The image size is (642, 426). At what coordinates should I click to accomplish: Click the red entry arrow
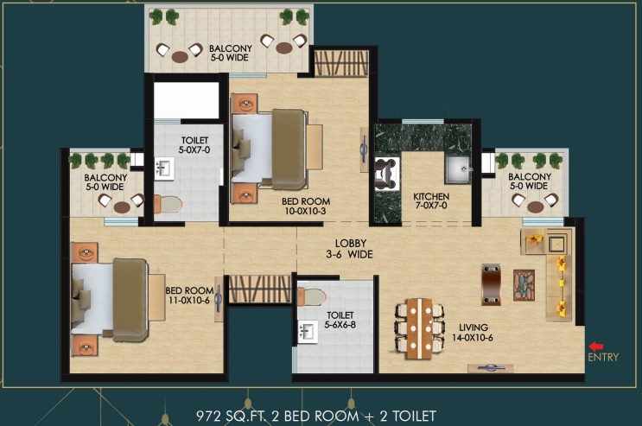pyautogui.click(x=595, y=347)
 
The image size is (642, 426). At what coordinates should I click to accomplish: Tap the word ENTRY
pyautogui.click(x=603, y=357)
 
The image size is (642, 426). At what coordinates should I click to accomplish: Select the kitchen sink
pyautogui.click(x=458, y=169)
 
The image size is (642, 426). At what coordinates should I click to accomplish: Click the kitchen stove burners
pyautogui.click(x=386, y=174)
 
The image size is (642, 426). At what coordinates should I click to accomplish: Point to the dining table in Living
pyautogui.click(x=419, y=328)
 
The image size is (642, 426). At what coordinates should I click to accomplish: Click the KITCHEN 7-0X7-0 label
pyautogui.click(x=431, y=200)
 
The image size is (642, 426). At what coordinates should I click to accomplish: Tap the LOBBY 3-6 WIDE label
pyautogui.click(x=349, y=249)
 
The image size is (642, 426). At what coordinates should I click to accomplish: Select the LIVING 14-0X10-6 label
pyautogui.click(x=473, y=333)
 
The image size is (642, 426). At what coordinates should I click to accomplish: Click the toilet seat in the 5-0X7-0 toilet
pyautogui.click(x=168, y=204)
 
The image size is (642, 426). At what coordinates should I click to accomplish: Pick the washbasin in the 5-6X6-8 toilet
pyautogui.click(x=308, y=332)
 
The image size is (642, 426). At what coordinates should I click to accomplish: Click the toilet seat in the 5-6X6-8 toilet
pyautogui.click(x=311, y=296)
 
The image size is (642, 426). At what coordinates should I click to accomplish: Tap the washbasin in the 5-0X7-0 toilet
pyautogui.click(x=164, y=168)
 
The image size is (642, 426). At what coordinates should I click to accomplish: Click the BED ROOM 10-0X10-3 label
pyautogui.click(x=306, y=207)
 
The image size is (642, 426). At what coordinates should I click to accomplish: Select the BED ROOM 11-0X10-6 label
pyautogui.click(x=189, y=295)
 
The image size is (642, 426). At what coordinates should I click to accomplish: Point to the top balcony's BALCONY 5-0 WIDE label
pyautogui.click(x=230, y=53)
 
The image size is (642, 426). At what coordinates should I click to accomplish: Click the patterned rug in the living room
pyautogui.click(x=524, y=285)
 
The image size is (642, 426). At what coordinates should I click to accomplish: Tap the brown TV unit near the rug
pyautogui.click(x=491, y=284)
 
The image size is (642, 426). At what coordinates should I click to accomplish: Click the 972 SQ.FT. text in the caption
pyautogui.click(x=232, y=416)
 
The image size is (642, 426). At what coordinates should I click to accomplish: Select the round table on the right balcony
pyautogui.click(x=536, y=207)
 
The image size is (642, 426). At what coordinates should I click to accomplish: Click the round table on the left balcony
pyautogui.click(x=122, y=207)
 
